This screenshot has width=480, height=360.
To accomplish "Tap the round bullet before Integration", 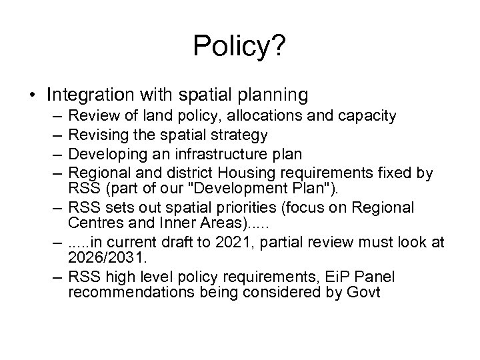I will (33, 91).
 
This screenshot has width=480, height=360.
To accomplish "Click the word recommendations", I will (125, 294).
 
